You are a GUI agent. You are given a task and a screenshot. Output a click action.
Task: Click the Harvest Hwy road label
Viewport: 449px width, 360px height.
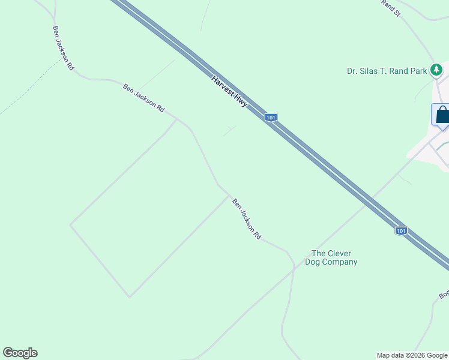coord(229,91)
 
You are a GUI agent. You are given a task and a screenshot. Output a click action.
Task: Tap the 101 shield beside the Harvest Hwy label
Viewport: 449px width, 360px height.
coord(271,118)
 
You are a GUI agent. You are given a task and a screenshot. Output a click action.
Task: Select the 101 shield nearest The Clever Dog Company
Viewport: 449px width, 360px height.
coord(401,231)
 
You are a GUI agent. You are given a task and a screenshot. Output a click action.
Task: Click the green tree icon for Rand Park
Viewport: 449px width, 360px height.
coord(436,70)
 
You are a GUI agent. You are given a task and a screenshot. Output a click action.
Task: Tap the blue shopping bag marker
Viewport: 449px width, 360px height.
coord(442,115)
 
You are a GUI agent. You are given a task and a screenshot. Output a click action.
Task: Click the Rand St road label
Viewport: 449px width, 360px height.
coord(390,7)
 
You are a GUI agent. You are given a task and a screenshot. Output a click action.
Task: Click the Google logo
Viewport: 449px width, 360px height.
coord(20,353)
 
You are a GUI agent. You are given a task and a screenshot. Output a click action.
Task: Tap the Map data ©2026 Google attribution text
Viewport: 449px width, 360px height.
coord(412,355)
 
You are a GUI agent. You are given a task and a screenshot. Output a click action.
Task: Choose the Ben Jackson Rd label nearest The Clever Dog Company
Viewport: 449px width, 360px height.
coord(247,220)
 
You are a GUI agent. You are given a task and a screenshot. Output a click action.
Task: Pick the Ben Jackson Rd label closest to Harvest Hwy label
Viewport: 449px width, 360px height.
coord(143,98)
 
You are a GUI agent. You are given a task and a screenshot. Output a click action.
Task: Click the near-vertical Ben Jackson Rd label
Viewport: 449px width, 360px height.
coord(63,48)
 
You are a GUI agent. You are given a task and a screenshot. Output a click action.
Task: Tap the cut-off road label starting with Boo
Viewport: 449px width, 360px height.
coord(444,295)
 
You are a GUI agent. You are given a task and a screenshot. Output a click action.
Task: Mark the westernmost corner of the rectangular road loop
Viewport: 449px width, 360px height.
coord(70,225)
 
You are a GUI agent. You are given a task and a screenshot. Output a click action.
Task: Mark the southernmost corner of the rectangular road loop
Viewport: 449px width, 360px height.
coord(129,296)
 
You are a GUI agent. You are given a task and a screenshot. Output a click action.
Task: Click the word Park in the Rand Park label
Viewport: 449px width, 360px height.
coord(419,71)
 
